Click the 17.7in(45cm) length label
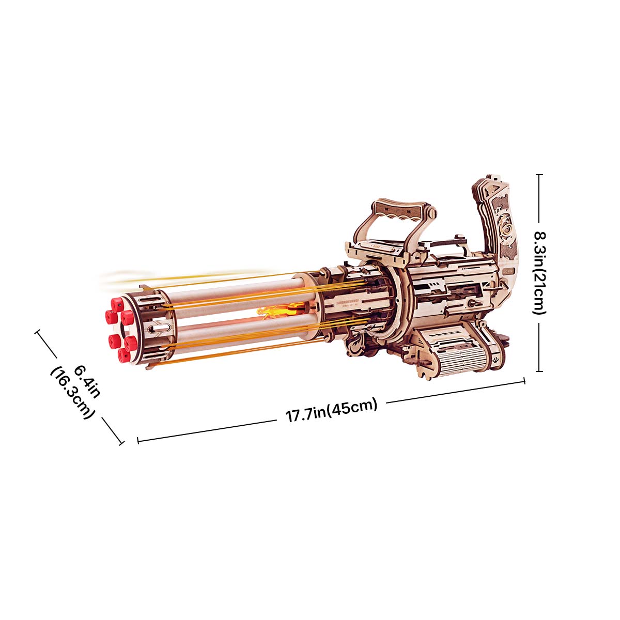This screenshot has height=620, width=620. point(331,411)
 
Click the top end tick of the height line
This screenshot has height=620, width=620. point(539,175)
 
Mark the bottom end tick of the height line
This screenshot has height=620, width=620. point(539,370)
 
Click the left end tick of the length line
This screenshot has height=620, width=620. point(138,441)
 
